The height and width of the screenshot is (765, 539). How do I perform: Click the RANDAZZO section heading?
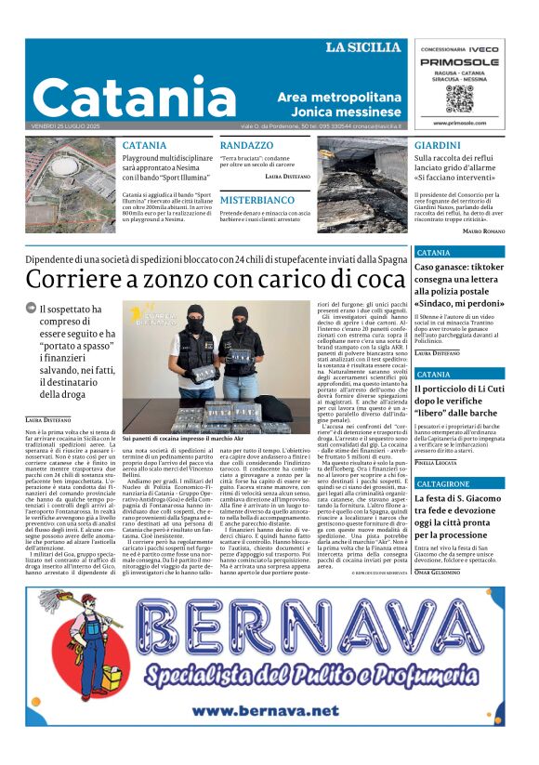tap(247, 146)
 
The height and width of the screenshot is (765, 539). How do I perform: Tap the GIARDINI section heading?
tap(437, 146)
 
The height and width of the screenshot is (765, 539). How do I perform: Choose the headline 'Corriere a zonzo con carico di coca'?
tap(216, 278)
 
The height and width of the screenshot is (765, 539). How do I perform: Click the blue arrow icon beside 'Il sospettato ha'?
tap(31, 310)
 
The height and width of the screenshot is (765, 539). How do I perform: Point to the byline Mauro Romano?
tap(483, 230)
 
